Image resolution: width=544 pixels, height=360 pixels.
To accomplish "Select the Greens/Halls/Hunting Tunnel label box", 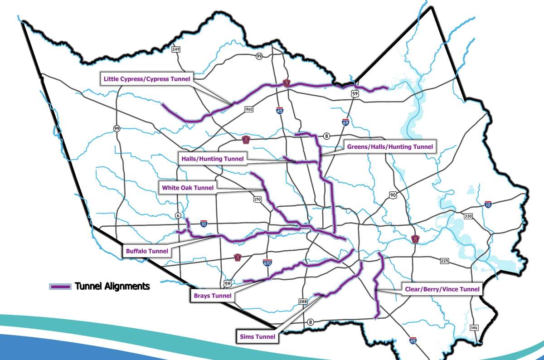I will pyautogui.click(x=389, y=146).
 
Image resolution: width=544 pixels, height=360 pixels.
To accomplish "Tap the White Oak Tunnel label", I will pyautogui.click(x=186, y=186).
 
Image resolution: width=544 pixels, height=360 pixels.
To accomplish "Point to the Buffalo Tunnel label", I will pyautogui.click(x=146, y=251).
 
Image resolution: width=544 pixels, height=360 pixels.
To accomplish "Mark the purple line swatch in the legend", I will pyautogui.click(x=60, y=287).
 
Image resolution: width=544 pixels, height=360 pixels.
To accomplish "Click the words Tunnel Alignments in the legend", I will pyautogui.click(x=112, y=286).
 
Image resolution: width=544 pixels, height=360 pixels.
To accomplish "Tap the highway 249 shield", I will pyautogui.click(x=176, y=49).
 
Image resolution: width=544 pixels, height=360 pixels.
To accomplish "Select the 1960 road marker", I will pyautogui.click(x=248, y=109).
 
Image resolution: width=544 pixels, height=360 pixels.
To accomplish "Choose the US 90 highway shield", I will pyautogui.click(x=393, y=195).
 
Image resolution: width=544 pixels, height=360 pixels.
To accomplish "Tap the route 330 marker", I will pyautogui.click(x=468, y=216).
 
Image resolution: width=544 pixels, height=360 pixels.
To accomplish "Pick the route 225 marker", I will pyautogui.click(x=444, y=261).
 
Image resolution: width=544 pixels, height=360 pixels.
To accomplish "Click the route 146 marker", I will pyautogui.click(x=474, y=327).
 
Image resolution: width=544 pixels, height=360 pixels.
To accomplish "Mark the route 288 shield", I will pyautogui.click(x=303, y=301).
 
